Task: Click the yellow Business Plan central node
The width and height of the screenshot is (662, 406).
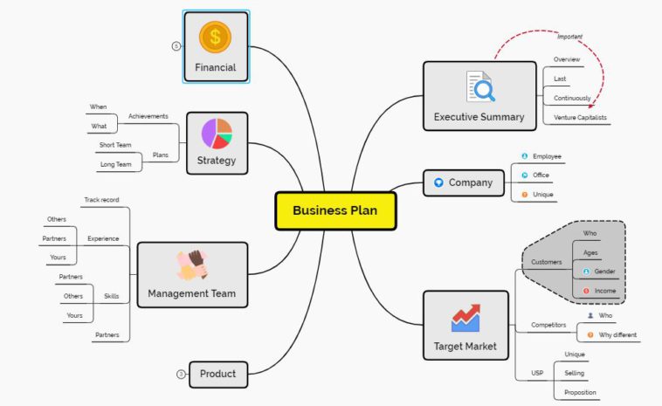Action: [335, 210]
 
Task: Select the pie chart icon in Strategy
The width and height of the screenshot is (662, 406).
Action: [217, 133]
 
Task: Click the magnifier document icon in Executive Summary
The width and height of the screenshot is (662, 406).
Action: [479, 87]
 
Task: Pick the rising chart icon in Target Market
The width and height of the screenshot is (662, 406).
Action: [465, 317]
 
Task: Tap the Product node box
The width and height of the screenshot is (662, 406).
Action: [217, 374]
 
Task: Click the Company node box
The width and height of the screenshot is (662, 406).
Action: [463, 182]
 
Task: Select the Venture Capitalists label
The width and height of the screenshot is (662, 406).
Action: [580, 117]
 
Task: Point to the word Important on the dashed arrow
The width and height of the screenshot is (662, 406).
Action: [569, 37]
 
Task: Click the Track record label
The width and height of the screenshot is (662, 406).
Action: [101, 200]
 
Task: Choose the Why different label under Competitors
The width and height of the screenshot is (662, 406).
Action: [617, 334]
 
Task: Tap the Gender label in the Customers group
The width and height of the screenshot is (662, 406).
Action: [604, 272]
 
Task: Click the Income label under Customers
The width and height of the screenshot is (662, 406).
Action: [604, 291]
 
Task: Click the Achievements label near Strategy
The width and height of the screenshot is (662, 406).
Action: [148, 116]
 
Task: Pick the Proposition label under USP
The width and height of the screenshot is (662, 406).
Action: [581, 392]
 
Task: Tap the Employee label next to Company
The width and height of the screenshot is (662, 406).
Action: [547, 156]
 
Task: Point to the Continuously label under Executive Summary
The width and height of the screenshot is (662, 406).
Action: [572, 98]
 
